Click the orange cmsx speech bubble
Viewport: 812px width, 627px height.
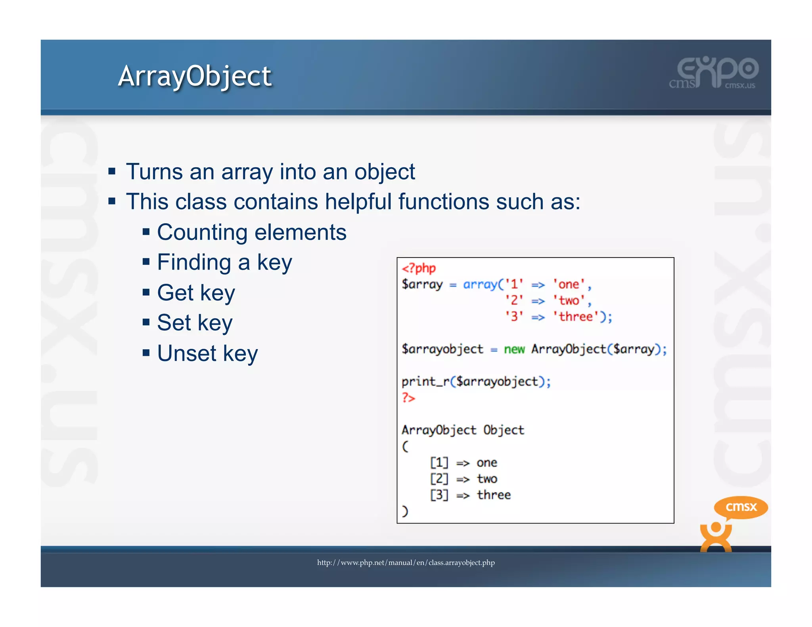coord(741,507)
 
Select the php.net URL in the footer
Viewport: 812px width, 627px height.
coord(406,562)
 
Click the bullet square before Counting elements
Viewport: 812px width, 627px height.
coord(146,232)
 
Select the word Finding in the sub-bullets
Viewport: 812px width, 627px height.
coord(194,262)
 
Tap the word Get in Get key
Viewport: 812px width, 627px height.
coord(175,292)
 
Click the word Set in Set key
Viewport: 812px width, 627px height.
coord(174,323)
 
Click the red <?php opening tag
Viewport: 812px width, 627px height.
coord(419,268)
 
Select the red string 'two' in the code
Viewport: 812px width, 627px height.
coord(569,300)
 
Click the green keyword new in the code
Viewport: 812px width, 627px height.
coord(514,349)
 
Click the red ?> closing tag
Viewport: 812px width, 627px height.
coord(408,398)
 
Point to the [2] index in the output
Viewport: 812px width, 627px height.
coord(439,479)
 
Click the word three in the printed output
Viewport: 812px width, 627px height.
coord(494,495)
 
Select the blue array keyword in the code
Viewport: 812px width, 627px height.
coord(480,284)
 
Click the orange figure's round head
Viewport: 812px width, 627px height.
coord(716,528)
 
